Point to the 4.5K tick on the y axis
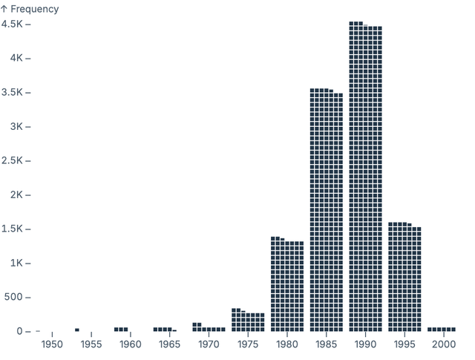tap(13, 24)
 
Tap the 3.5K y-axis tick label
tap(13, 92)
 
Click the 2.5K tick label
tap(13, 160)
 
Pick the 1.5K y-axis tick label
tap(13, 229)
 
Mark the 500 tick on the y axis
tap(14, 297)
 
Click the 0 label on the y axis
tap(20, 331)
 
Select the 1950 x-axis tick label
tap(52, 344)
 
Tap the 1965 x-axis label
tap(169, 344)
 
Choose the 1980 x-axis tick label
tap(287, 344)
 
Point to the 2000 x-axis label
tap(444, 344)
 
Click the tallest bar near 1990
tap(365, 178)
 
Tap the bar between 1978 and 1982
tap(287, 285)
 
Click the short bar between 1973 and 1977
tap(248, 321)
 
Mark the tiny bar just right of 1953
tap(76, 330)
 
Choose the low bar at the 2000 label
tap(442, 329)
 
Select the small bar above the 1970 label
tap(209, 328)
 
